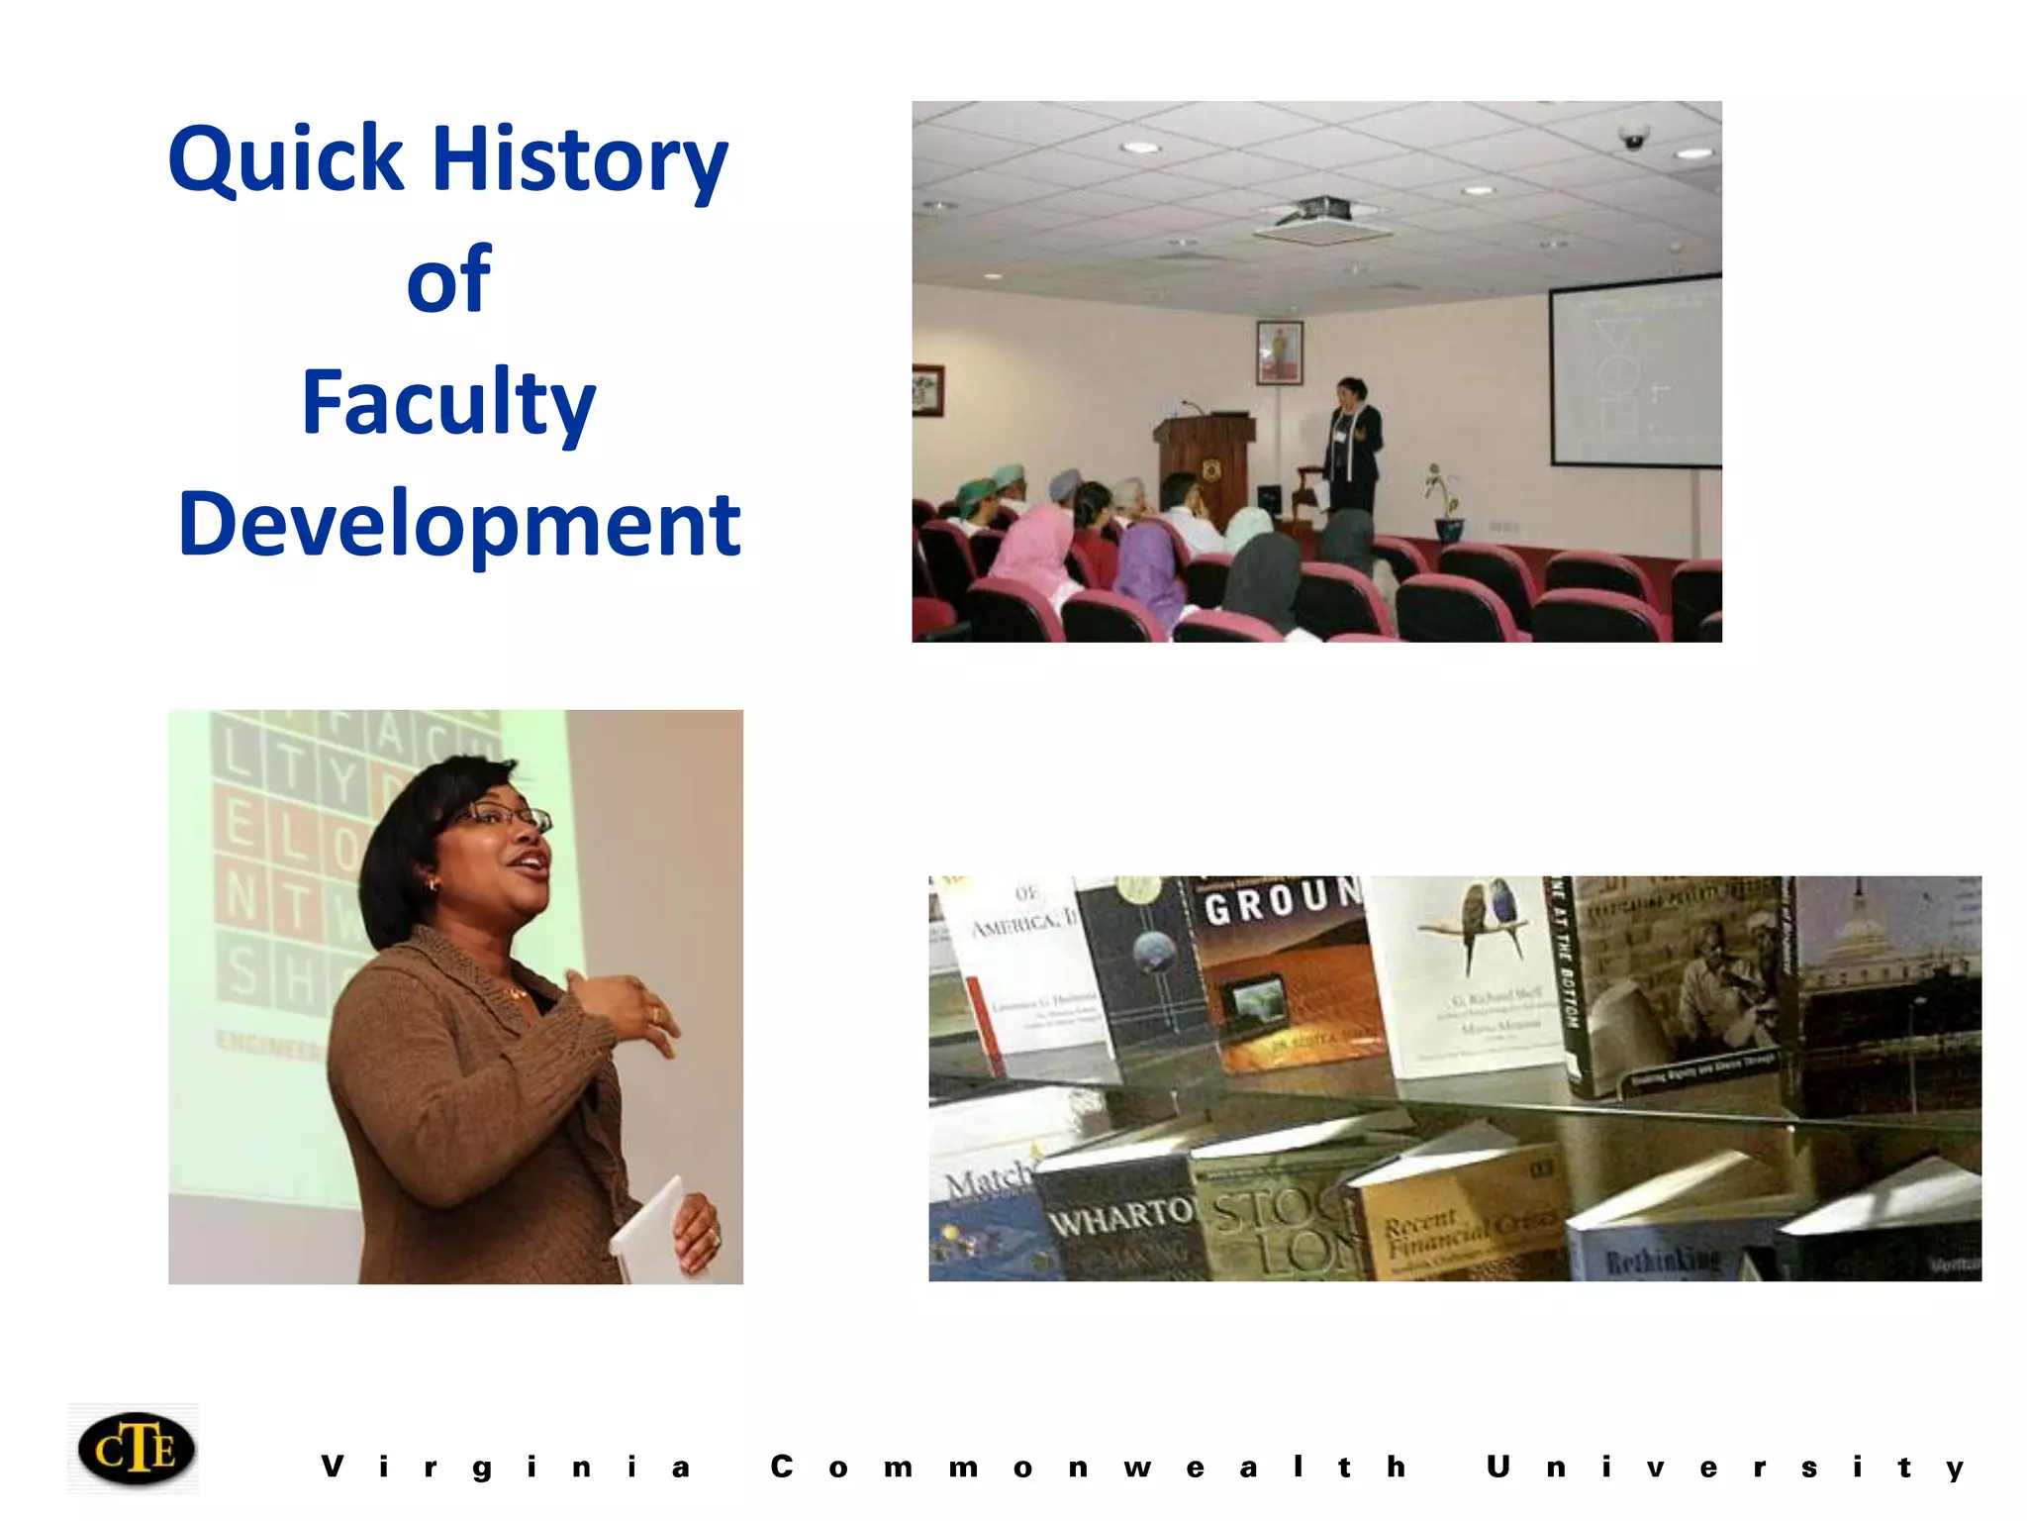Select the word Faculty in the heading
(x=448, y=402)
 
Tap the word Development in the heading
(x=459, y=525)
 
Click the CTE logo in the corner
(x=136, y=1449)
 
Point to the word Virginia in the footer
(x=505, y=1468)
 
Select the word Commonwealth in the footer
(x=1089, y=1468)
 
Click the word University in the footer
(x=1726, y=1468)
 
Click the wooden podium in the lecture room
(x=1204, y=465)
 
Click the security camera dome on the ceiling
(x=1633, y=137)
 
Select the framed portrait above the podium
(x=1279, y=353)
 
